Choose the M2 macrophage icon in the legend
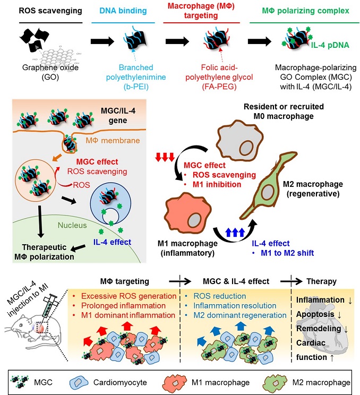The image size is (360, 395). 272,382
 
